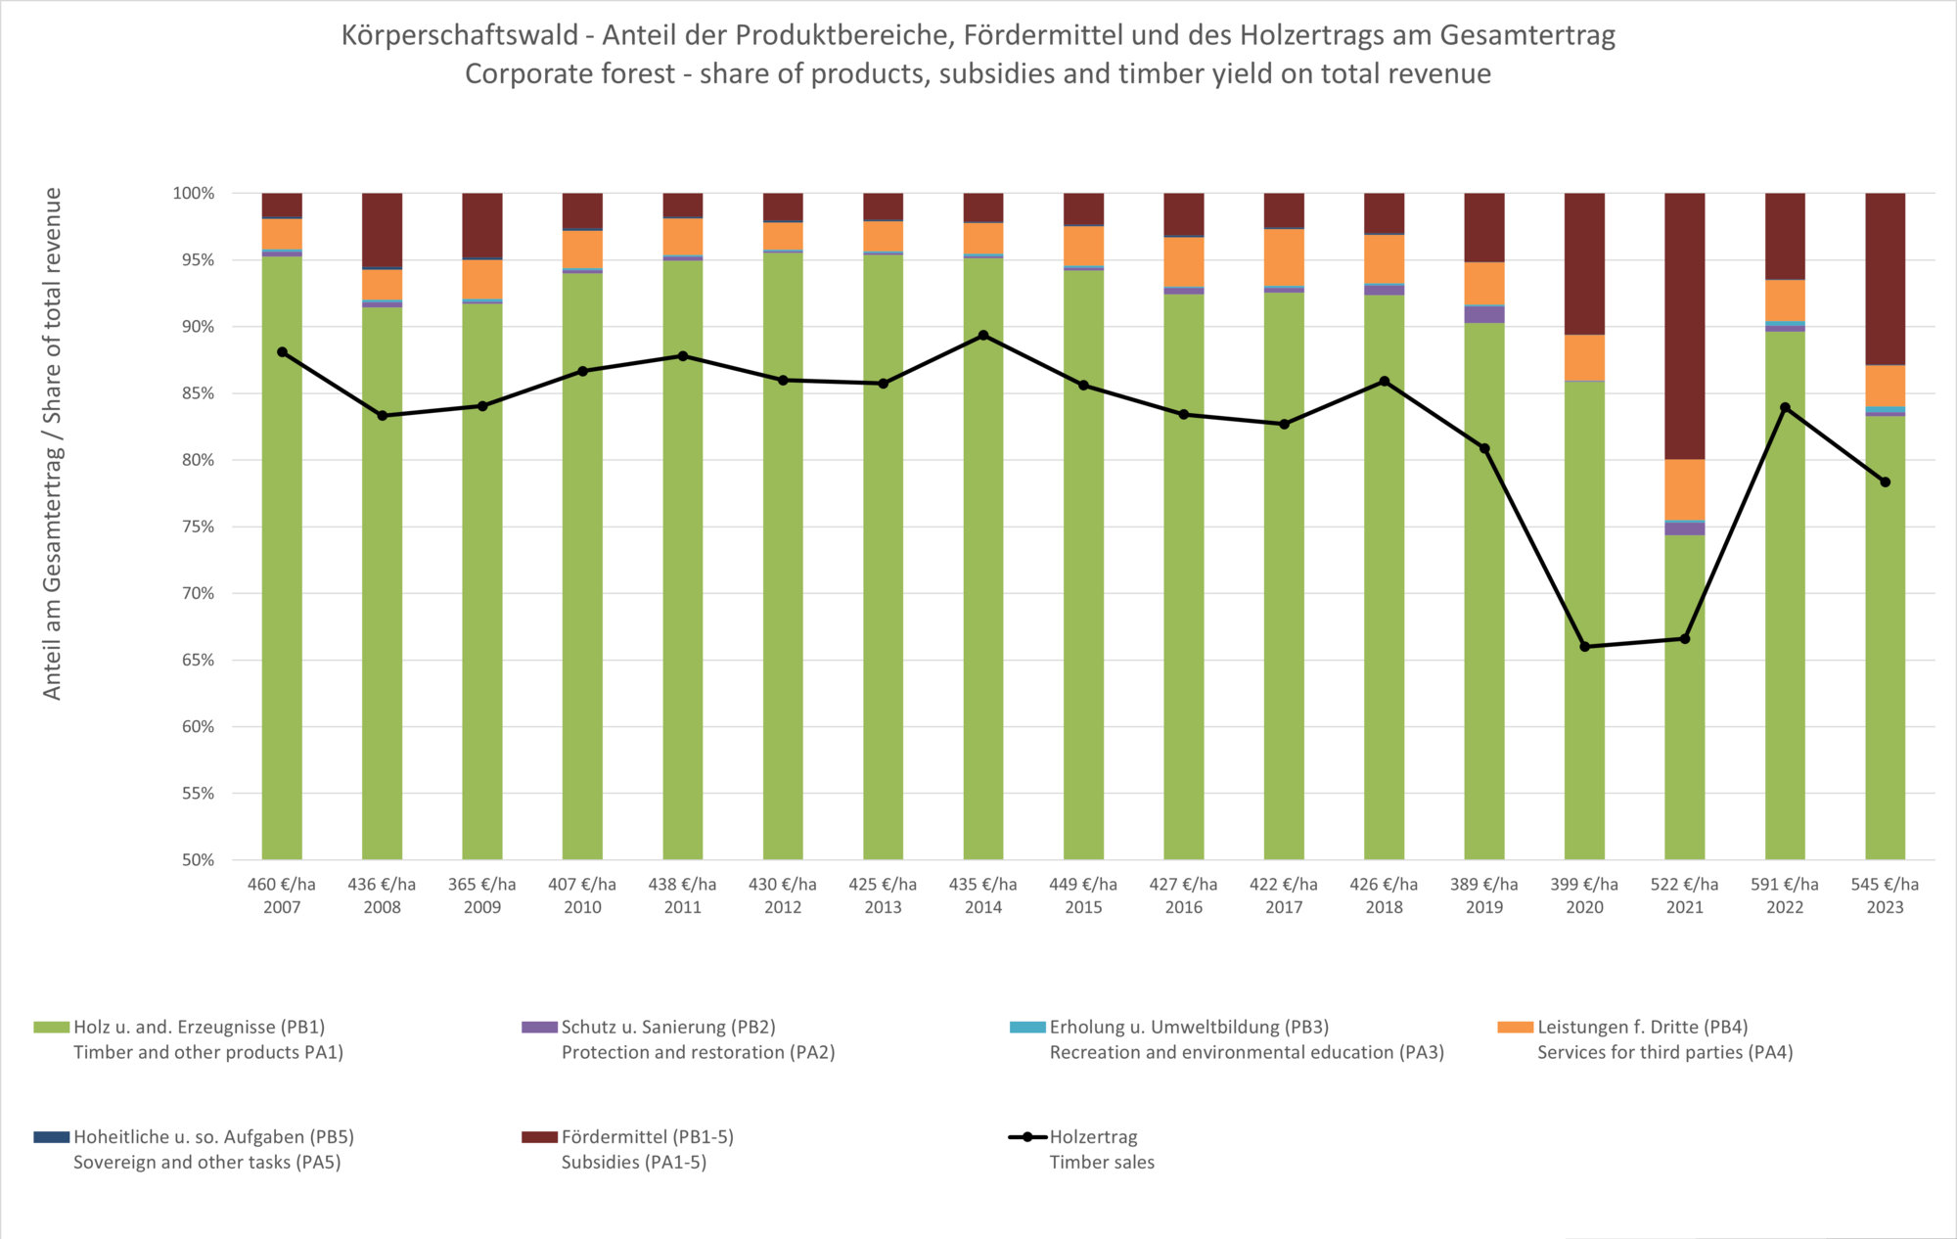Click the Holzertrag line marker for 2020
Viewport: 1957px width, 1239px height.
pos(1584,647)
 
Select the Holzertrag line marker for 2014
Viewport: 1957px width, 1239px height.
pos(983,336)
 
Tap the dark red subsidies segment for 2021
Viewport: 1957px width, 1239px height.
pos(1684,326)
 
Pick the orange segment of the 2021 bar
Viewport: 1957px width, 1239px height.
pos(1684,489)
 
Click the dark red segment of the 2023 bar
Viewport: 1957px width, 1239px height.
pos(1885,279)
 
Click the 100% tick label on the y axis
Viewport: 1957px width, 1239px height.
pos(194,194)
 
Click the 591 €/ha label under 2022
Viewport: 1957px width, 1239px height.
pos(1785,885)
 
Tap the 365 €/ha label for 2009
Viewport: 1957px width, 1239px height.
pos(482,885)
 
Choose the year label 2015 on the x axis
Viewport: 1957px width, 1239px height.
pos(1083,907)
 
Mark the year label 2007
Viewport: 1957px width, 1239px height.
pos(282,907)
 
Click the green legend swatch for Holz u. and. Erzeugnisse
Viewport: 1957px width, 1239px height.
pos(51,1028)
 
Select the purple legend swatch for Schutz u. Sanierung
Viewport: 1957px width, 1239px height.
pos(539,1028)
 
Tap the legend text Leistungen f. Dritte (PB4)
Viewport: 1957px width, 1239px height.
pos(1642,1028)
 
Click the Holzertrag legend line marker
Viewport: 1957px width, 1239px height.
pos(1027,1137)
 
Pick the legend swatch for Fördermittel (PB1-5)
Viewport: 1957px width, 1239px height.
pos(539,1137)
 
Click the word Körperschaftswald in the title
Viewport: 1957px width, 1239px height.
pos(460,35)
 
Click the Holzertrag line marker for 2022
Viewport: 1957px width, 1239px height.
pos(1785,407)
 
